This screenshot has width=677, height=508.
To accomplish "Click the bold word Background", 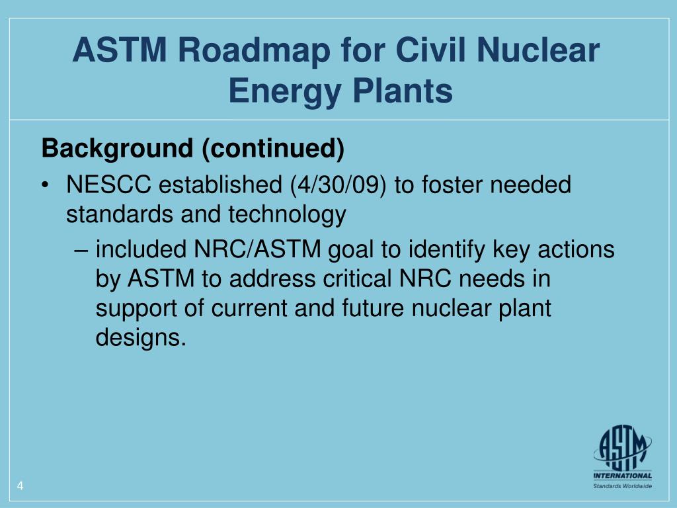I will (x=118, y=149).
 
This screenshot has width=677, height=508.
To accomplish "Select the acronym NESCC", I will (x=108, y=185).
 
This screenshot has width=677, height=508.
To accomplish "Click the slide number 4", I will (x=20, y=487).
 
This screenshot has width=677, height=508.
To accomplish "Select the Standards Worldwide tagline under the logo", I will (x=621, y=486).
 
